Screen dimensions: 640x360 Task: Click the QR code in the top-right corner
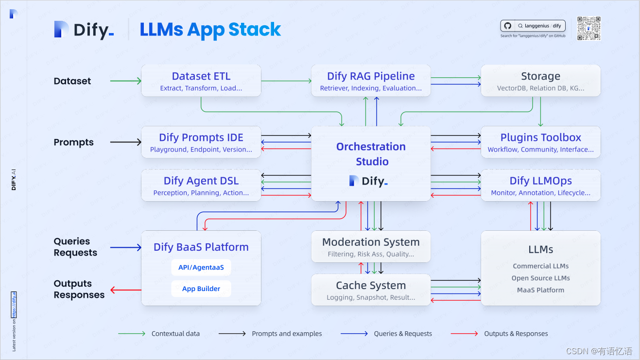pos(589,28)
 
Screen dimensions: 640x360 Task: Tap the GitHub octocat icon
pos(508,26)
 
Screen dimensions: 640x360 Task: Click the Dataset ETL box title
pos(201,76)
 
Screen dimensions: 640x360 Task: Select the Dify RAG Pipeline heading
pos(371,76)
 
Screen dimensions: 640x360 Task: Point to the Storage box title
pos(540,76)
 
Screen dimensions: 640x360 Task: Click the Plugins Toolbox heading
pos(540,137)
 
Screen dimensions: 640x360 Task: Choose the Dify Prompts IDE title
pos(201,137)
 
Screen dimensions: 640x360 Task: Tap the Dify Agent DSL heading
pos(201,181)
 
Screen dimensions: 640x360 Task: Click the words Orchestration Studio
pos(371,154)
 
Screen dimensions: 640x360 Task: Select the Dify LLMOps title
pos(540,181)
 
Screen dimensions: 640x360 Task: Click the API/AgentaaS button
pos(201,267)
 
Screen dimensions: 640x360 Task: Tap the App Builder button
pos(201,289)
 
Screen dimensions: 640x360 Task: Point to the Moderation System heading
pos(371,242)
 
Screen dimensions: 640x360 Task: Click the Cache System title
pos(371,286)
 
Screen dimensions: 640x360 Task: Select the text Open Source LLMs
pos(540,278)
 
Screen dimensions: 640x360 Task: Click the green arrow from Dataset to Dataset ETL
pos(126,81)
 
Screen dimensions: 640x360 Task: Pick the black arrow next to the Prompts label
pos(126,142)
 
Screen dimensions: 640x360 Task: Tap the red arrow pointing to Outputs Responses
pos(126,290)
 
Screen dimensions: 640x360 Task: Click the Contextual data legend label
pos(175,334)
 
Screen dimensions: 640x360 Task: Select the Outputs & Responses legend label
pos(516,334)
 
